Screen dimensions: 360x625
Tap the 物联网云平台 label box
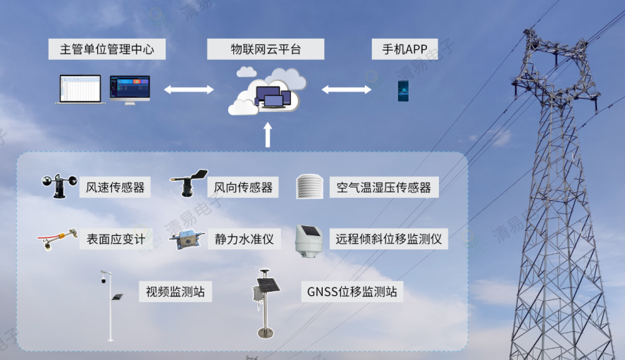pyautogui.click(x=266, y=49)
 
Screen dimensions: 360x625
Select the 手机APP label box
pyautogui.click(x=404, y=49)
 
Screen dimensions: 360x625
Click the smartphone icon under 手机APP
pyautogui.click(x=403, y=91)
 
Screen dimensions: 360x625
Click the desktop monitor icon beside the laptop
pyautogui.click(x=130, y=89)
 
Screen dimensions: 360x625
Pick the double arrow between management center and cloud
pyautogui.click(x=189, y=89)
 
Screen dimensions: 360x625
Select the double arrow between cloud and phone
pyautogui.click(x=347, y=89)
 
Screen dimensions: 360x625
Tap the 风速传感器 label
pyautogui.click(x=115, y=187)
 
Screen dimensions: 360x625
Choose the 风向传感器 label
pyautogui.click(x=243, y=187)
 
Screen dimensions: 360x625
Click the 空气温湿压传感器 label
pyautogui.click(x=383, y=187)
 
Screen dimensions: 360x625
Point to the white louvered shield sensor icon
pyautogui.click(x=309, y=186)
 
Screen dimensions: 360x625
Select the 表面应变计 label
pyautogui.click(x=116, y=239)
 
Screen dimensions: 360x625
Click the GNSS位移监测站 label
pyautogui.click(x=352, y=291)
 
